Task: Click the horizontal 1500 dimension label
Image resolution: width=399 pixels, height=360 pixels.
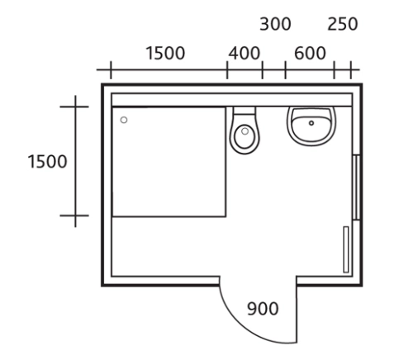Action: (x=165, y=53)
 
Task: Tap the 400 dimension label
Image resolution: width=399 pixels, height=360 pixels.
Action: (x=245, y=53)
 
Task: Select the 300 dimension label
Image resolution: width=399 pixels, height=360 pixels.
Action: (x=275, y=24)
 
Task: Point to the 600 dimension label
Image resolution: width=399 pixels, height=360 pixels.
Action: (x=310, y=53)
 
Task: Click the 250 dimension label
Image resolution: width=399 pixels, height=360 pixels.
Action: (x=343, y=24)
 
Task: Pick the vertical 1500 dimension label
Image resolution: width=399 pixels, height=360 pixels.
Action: (x=47, y=161)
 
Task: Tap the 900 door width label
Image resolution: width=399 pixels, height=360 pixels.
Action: (x=263, y=309)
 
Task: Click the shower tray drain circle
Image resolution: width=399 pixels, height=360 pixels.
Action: (x=124, y=120)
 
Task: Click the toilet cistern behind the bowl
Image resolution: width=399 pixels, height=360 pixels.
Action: (x=245, y=111)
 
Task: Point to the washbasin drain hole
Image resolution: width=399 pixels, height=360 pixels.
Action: (x=311, y=123)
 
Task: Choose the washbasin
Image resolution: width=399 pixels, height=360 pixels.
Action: (x=311, y=126)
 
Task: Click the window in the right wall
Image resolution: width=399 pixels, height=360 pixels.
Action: (x=356, y=187)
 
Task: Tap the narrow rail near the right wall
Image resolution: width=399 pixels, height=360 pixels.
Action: (x=346, y=249)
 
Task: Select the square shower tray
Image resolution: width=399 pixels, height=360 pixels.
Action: (x=169, y=162)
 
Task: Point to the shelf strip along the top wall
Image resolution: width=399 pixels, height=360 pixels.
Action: (x=232, y=100)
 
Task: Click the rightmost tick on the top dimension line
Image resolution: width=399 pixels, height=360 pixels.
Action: (x=351, y=70)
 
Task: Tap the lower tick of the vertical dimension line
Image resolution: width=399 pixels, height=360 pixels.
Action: (x=74, y=216)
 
